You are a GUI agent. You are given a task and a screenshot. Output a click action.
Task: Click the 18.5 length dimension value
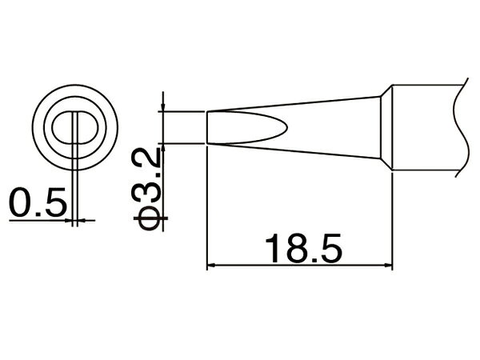(304, 248)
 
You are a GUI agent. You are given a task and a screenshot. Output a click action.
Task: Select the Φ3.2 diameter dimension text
(146, 189)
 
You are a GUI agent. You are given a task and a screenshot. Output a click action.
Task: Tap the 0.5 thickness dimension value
(38, 202)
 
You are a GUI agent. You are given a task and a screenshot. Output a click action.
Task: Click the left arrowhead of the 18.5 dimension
(211, 265)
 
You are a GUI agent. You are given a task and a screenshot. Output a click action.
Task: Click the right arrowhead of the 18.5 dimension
(388, 265)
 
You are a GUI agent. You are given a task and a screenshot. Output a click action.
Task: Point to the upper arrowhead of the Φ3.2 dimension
(163, 107)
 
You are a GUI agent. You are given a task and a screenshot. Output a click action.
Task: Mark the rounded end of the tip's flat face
(285, 127)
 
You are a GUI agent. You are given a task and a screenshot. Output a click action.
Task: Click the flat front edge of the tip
(207, 127)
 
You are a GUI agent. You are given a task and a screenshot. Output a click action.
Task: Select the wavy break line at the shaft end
(462, 127)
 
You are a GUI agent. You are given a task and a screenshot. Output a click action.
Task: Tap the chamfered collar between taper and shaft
(386, 127)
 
